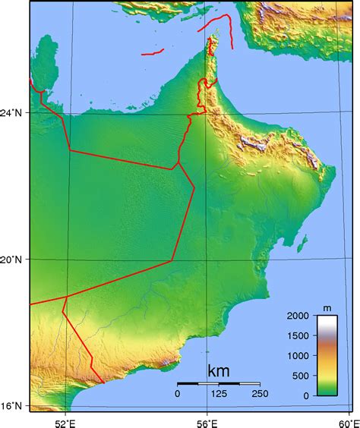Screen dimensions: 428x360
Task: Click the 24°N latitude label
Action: pyautogui.click(x=15, y=112)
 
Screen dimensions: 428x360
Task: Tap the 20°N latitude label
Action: pyautogui.click(x=15, y=260)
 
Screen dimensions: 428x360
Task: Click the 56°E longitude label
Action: pyautogui.click(x=208, y=420)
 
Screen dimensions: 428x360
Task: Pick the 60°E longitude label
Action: pyautogui.click(x=349, y=420)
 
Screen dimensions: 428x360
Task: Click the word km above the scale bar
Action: pyautogui.click(x=218, y=371)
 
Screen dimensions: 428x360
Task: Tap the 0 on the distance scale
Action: pyautogui.click(x=178, y=393)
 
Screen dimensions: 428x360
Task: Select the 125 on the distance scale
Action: pyautogui.click(x=219, y=393)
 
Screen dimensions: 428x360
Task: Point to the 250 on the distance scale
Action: pyautogui.click(x=259, y=393)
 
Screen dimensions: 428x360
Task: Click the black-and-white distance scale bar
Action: pyautogui.click(x=219, y=383)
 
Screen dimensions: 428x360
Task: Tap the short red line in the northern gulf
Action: pyautogui.click(x=151, y=52)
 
